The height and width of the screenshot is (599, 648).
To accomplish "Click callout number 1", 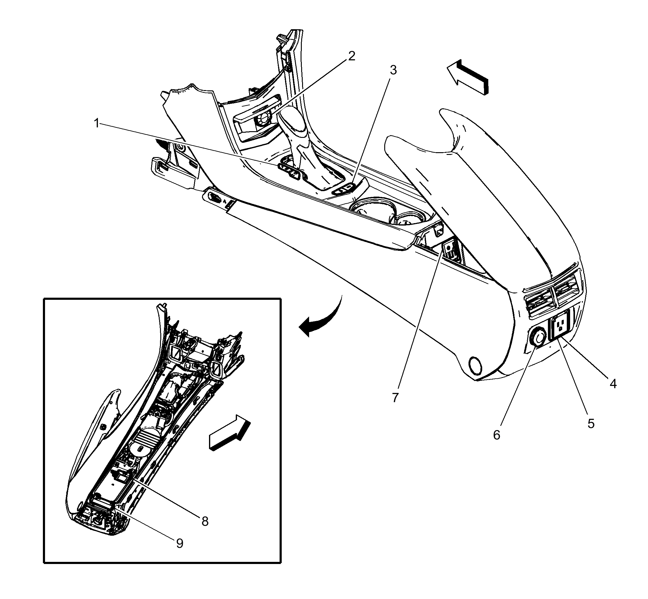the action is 96,124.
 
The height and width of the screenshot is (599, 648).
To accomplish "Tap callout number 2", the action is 352,56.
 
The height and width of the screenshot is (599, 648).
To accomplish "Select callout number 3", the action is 393,70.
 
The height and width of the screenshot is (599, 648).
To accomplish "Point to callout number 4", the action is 613,384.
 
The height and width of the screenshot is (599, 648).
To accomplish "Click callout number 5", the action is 591,424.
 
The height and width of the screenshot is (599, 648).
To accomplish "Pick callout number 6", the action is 497,435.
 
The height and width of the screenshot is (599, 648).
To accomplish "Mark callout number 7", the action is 395,398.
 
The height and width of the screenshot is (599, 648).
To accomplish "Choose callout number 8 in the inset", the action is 205,521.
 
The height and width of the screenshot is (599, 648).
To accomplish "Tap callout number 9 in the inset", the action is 179,544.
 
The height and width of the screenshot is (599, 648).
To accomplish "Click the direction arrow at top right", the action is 467,77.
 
